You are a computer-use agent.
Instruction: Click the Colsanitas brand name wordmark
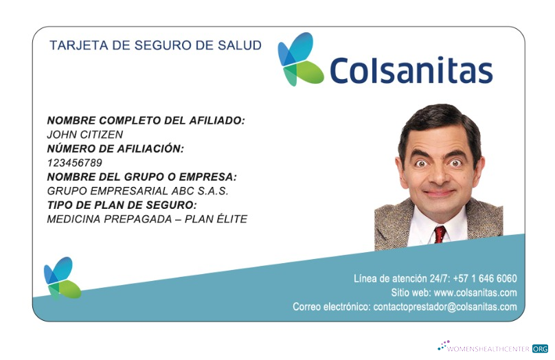(x=411, y=71)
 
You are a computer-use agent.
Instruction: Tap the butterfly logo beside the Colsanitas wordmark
(x=299, y=60)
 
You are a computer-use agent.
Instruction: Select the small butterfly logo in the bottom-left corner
(x=62, y=278)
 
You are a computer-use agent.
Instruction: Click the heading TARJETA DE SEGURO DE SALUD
(x=155, y=46)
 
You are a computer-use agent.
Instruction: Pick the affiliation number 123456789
(x=74, y=163)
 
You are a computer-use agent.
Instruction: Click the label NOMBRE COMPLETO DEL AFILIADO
(x=146, y=121)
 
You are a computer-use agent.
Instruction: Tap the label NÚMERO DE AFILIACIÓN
(x=115, y=148)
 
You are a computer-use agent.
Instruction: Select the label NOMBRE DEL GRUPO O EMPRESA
(x=141, y=177)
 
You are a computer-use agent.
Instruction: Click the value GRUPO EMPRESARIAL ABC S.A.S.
(x=137, y=191)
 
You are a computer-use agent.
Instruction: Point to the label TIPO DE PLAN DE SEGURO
(x=122, y=205)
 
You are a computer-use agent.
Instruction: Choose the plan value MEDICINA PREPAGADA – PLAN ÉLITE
(x=147, y=219)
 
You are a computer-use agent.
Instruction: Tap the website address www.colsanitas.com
(x=475, y=293)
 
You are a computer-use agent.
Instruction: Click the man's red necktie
(x=439, y=234)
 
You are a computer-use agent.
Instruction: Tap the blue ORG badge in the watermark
(x=540, y=348)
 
